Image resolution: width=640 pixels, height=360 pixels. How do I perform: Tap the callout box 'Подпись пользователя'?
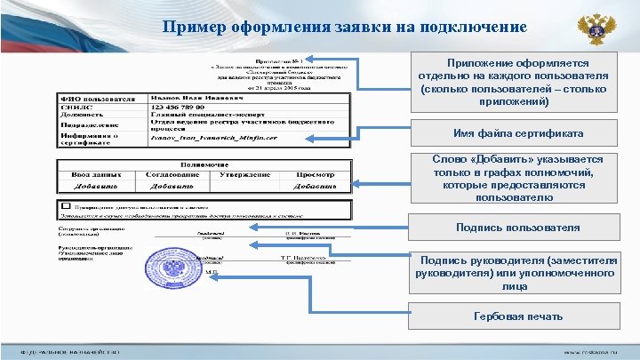point(516,228)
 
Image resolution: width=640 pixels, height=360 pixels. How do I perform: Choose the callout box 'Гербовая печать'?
point(517,316)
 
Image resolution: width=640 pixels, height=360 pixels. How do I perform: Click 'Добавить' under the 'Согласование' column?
point(173,187)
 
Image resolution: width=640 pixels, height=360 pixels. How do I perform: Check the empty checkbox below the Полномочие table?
point(63,204)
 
